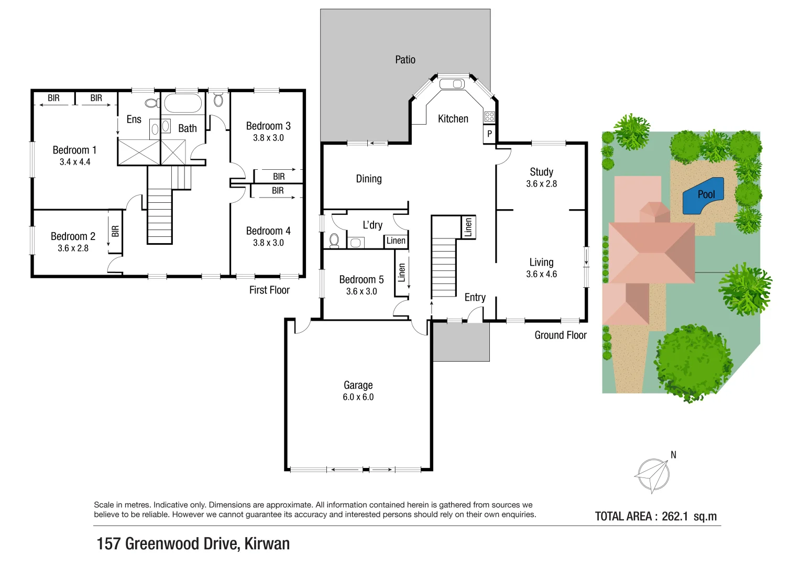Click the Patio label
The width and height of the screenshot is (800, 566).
(x=405, y=60)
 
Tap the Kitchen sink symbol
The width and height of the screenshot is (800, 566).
(x=452, y=84)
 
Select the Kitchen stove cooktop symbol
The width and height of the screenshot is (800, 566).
(x=489, y=116)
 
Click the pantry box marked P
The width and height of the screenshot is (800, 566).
(x=489, y=134)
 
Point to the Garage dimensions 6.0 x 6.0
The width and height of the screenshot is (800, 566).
(x=358, y=397)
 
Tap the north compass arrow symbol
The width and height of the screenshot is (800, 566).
(x=653, y=475)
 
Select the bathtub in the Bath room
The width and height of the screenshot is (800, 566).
(x=182, y=103)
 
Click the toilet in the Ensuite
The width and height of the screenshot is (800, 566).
(x=151, y=103)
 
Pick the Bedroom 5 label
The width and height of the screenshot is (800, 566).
(x=361, y=279)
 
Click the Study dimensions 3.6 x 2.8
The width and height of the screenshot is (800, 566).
(x=541, y=184)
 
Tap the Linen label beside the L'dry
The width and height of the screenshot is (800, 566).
(x=396, y=241)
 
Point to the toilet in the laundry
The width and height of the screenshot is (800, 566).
(x=334, y=240)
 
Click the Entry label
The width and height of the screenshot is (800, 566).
(x=475, y=297)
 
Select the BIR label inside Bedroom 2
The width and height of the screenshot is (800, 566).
(x=115, y=231)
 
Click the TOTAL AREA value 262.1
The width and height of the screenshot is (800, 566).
(x=674, y=516)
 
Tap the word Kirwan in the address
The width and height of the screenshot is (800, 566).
(x=267, y=543)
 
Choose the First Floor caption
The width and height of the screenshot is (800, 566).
(x=269, y=290)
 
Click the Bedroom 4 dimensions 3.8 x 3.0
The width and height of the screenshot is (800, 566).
(x=268, y=243)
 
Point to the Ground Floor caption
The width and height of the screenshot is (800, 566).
(x=560, y=335)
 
